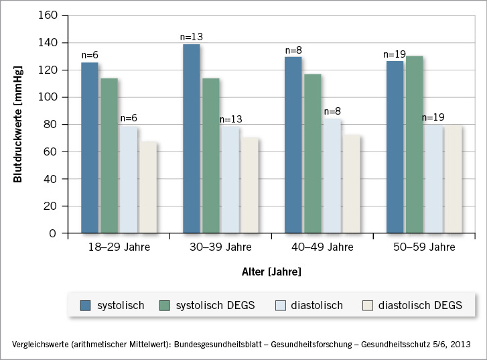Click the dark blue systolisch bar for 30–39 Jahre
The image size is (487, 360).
click(191, 139)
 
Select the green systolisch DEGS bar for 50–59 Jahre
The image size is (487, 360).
click(413, 145)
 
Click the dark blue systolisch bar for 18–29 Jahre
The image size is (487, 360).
click(90, 147)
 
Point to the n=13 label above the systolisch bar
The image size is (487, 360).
click(191, 38)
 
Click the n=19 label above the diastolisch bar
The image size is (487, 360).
click(434, 117)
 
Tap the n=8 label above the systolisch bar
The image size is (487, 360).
click(293, 50)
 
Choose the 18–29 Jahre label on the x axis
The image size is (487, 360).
click(119, 247)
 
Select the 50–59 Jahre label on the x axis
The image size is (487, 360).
click(423, 247)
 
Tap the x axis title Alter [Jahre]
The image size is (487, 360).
click(271, 272)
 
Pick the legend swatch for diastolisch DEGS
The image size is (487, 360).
click(368, 306)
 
